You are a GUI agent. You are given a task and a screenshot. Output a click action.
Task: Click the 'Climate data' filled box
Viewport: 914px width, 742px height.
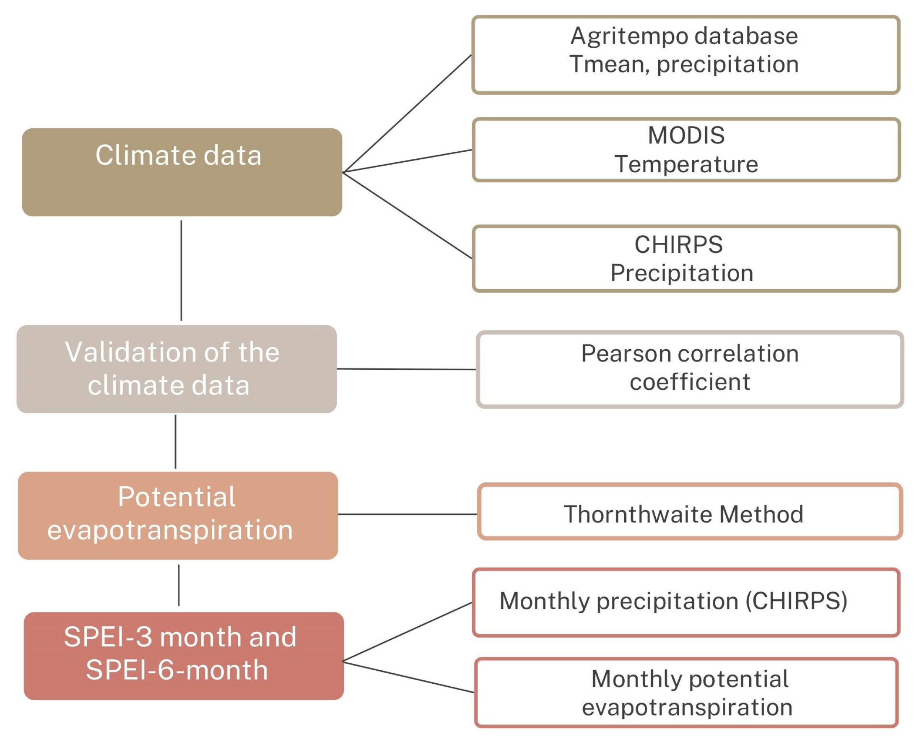pos(182,172)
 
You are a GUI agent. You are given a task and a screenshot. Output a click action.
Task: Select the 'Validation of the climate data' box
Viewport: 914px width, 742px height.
pos(177,369)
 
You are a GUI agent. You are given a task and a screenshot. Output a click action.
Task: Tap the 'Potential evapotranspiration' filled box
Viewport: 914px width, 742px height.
pos(178,516)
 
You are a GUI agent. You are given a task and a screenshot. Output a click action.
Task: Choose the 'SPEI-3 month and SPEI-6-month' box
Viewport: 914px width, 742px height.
pos(184,656)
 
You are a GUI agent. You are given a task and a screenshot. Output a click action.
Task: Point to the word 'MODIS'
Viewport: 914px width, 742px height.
pos(686,135)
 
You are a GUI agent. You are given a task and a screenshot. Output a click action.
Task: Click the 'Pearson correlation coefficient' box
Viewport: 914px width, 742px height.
pos(690,369)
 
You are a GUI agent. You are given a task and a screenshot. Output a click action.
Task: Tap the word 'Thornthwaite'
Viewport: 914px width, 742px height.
pos(639,514)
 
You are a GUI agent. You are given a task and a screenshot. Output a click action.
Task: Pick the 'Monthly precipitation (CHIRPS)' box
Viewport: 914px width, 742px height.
pos(686,602)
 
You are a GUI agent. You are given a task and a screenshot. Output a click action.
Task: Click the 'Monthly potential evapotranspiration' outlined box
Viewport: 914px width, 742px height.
pos(686,693)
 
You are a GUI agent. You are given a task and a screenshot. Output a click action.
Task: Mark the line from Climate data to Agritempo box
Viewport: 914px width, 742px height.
pos(407,114)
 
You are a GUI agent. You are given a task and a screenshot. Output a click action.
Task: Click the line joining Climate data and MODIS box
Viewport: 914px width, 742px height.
pos(407,161)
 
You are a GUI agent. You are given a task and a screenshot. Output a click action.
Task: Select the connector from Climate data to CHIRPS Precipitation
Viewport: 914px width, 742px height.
pos(407,215)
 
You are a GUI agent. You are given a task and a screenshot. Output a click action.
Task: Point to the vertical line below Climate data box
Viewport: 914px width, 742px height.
pos(181,270)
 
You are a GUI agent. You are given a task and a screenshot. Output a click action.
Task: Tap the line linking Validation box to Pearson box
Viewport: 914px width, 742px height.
pos(406,369)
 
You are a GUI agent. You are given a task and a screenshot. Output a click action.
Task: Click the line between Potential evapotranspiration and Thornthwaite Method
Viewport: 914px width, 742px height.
pos(408,514)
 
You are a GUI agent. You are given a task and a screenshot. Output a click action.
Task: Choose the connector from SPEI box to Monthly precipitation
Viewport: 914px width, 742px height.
pos(407,632)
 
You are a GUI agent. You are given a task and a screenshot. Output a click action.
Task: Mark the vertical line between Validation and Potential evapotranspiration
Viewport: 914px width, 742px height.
pos(175,441)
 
